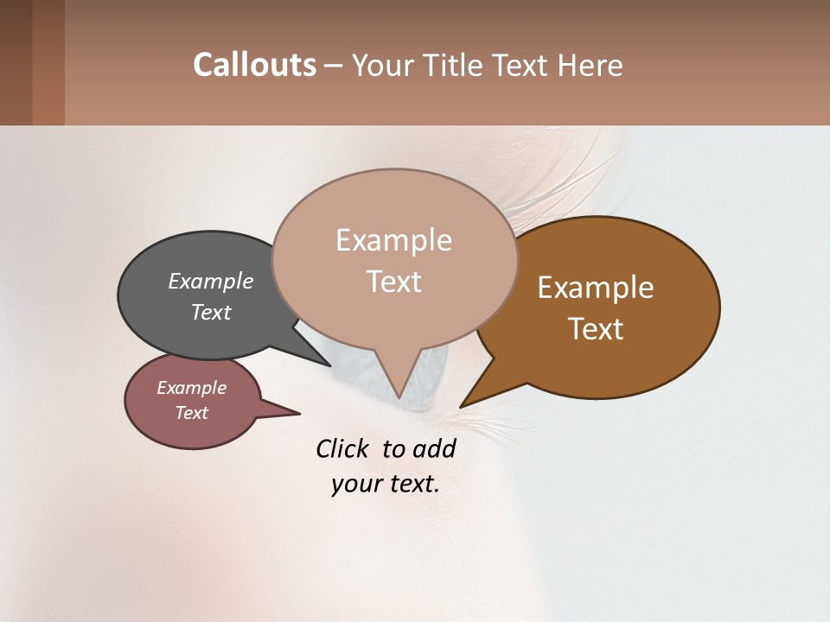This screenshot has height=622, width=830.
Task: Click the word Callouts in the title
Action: tap(254, 65)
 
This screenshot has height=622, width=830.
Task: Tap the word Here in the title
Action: tap(591, 65)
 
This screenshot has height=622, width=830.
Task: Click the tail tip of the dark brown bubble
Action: tap(463, 405)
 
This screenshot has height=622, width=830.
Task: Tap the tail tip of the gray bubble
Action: tap(329, 365)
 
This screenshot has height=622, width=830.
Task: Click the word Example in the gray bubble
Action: tap(211, 281)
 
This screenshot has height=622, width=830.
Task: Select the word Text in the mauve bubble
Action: tap(192, 413)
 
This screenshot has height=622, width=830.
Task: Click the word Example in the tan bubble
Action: tap(394, 239)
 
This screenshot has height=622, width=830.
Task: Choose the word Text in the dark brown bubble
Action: tap(597, 329)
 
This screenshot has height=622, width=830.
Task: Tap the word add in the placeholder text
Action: tap(433, 448)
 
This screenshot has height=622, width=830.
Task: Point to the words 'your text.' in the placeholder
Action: tap(386, 484)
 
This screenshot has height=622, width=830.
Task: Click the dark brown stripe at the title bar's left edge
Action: tap(16, 62)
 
